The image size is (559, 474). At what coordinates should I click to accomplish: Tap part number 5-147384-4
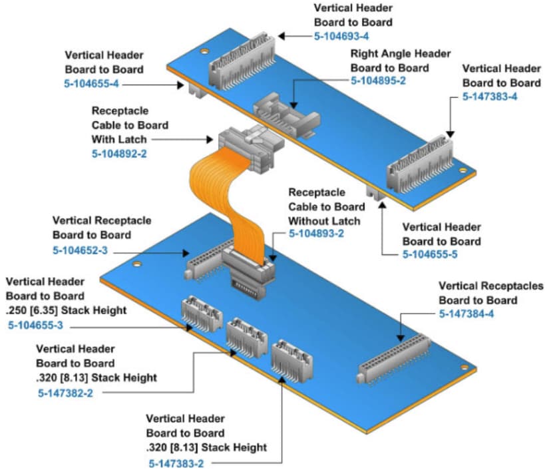click(466, 314)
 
